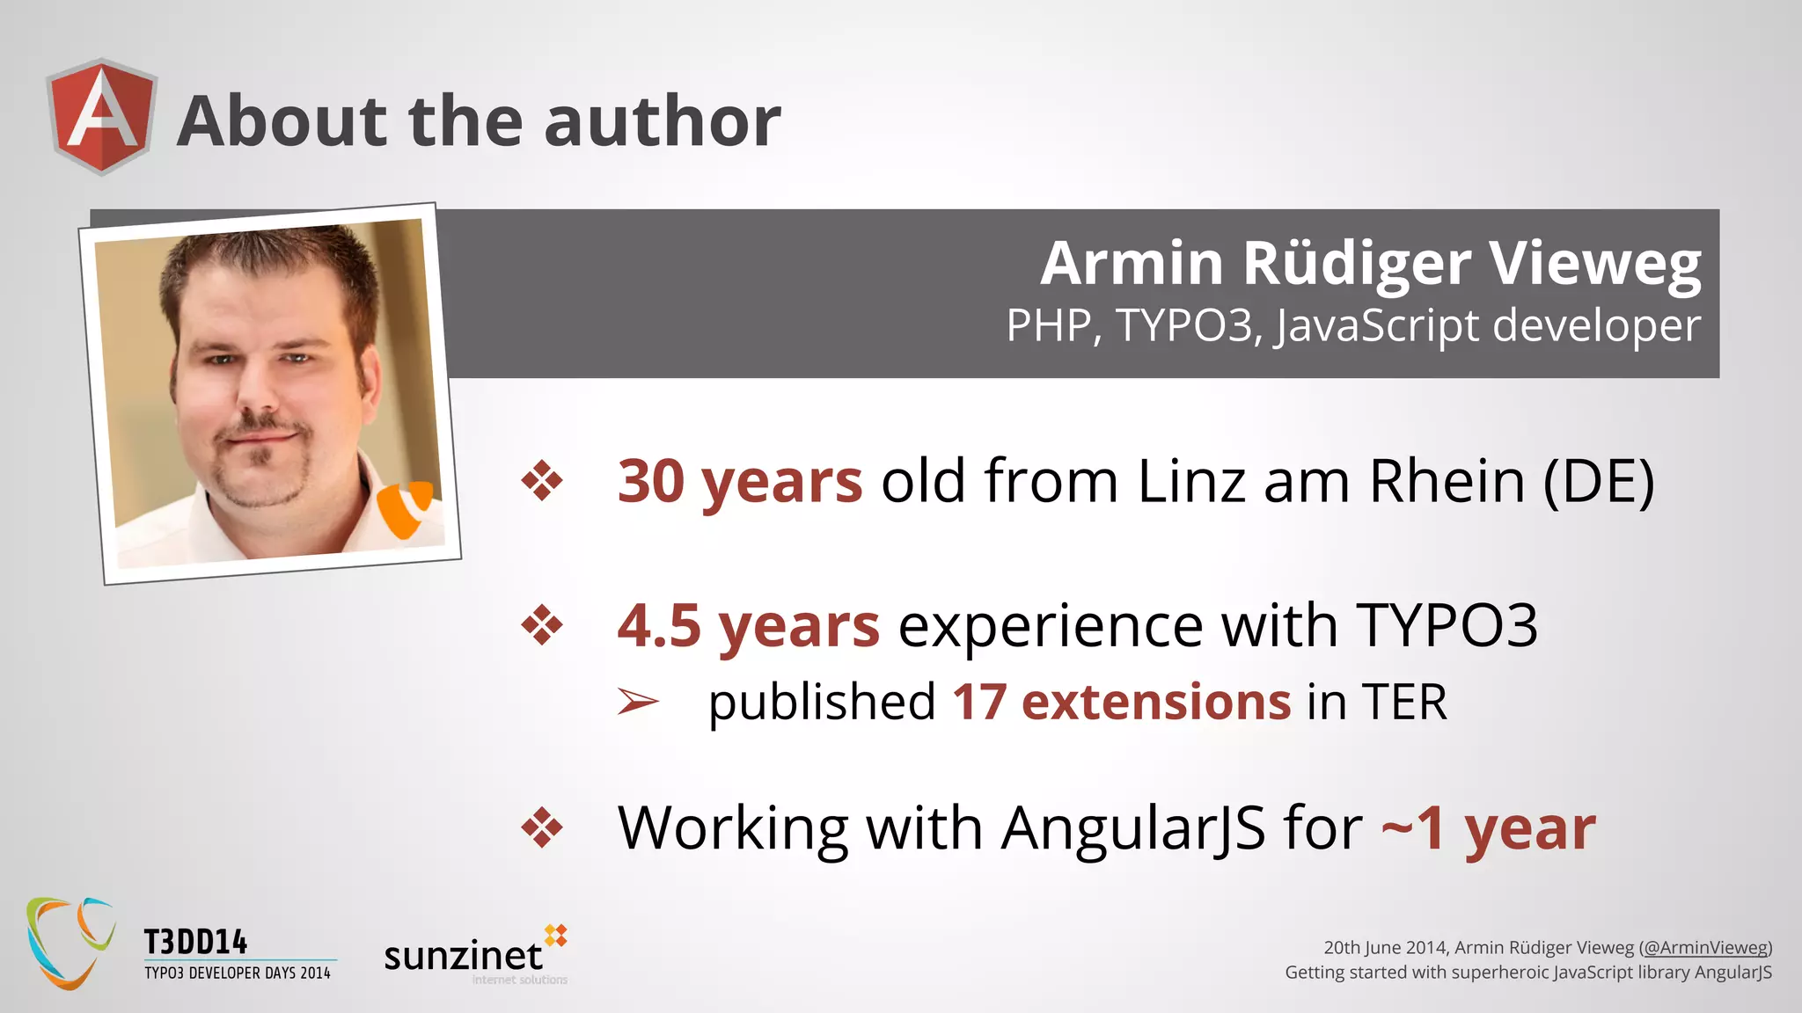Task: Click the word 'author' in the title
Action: (x=662, y=121)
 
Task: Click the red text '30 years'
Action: (x=739, y=481)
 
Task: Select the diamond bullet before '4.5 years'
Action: (x=542, y=626)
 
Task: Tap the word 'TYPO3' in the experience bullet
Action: (x=1447, y=626)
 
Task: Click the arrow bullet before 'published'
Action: (x=638, y=702)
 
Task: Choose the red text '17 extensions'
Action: (x=1121, y=702)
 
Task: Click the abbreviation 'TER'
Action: (x=1404, y=702)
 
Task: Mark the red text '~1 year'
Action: (x=1487, y=828)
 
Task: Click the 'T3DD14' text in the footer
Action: (x=195, y=943)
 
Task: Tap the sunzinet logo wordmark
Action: (x=464, y=956)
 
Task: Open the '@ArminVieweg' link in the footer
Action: (x=1706, y=948)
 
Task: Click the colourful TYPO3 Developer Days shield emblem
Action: (x=70, y=943)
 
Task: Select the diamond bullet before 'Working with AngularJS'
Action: (x=542, y=828)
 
